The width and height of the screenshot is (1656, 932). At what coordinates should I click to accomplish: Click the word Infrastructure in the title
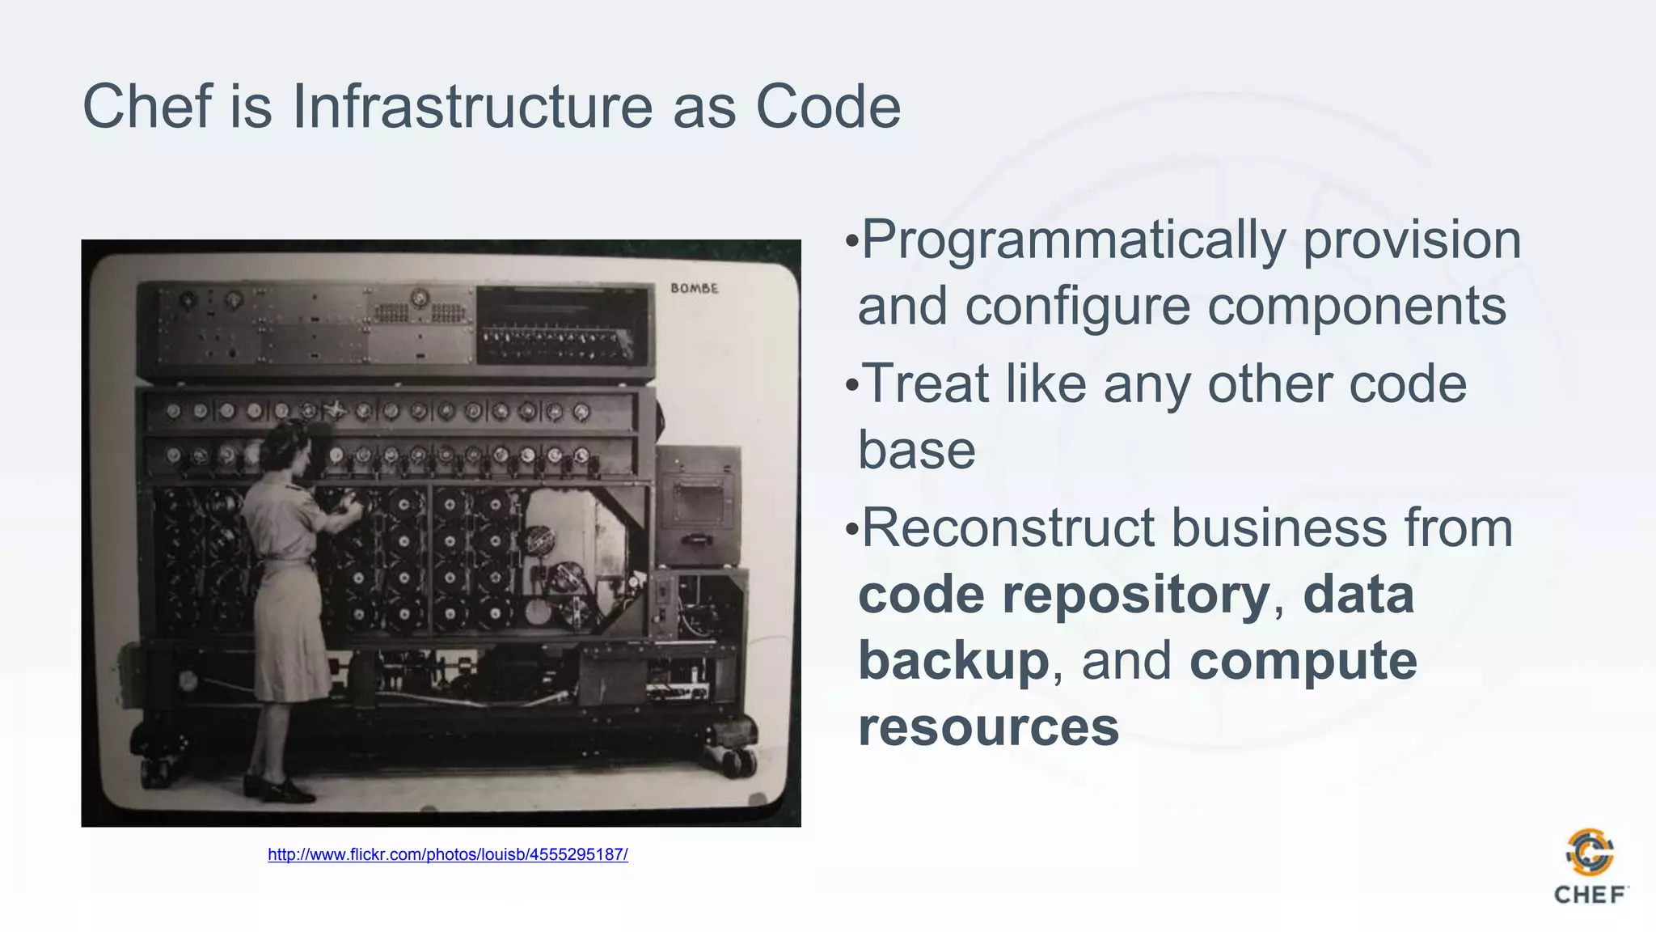(471, 106)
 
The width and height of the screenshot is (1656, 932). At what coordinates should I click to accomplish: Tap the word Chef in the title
(146, 106)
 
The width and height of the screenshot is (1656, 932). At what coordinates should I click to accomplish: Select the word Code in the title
(827, 106)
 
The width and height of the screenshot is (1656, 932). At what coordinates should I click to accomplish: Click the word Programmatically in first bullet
(1074, 240)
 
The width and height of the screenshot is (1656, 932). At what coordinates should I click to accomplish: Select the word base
(916, 450)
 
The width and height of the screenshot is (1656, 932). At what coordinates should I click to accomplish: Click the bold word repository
(1136, 595)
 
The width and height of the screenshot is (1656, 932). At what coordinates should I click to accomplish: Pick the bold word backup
(953, 661)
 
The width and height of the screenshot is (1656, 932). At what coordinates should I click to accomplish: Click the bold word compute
(1303, 661)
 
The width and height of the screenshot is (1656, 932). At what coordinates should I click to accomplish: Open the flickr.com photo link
(447, 854)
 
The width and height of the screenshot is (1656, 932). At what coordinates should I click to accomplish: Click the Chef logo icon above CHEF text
(1590, 852)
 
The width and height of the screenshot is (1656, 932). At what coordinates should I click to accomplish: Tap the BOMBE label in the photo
(694, 288)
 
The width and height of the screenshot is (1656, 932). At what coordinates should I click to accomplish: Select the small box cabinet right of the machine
(698, 506)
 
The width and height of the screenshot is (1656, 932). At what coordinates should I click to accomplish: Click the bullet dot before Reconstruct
(851, 530)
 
